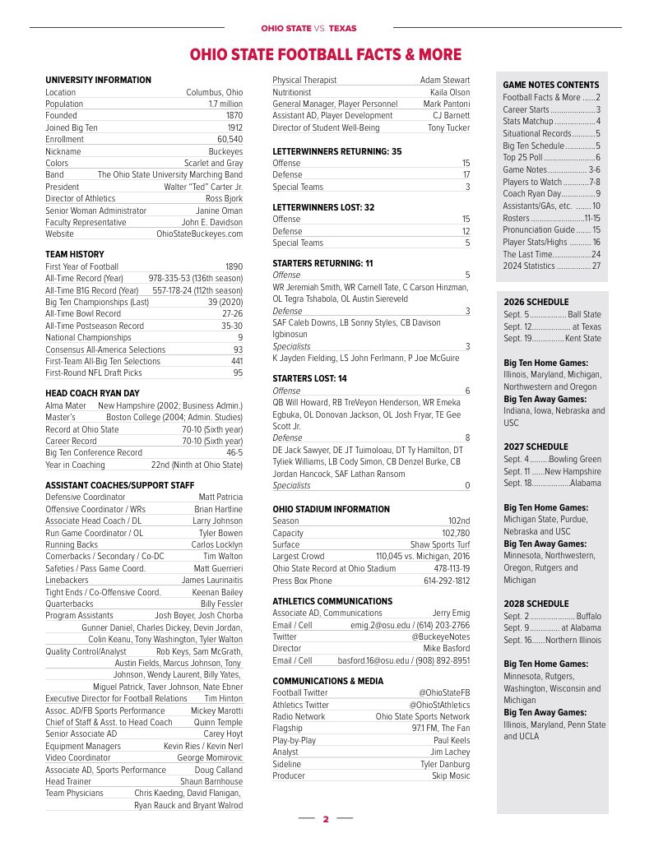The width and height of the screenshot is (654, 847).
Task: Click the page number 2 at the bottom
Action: pos(326,819)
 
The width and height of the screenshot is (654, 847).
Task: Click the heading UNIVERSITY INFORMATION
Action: pos(98,81)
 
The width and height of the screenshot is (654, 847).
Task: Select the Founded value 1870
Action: pos(234,116)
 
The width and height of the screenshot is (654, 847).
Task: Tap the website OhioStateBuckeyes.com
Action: pos(200,234)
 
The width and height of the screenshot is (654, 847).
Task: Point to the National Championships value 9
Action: pos(239,337)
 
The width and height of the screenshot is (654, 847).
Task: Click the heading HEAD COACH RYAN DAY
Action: pos(92,393)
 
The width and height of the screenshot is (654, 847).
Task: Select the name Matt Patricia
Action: pos(220,497)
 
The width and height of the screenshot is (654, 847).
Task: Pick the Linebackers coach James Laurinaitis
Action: pos(211,580)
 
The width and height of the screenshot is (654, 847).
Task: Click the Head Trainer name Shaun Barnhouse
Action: pos(211,781)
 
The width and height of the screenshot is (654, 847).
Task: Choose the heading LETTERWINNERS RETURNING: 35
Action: pos(336,151)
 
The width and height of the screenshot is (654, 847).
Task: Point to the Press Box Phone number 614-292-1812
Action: pos(447,581)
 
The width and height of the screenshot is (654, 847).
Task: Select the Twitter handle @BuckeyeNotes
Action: pos(441,636)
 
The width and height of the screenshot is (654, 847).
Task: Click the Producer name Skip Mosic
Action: pos(451,775)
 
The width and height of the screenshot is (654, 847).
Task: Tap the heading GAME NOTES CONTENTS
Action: pos(550,85)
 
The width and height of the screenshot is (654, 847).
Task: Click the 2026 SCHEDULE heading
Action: pos(536,302)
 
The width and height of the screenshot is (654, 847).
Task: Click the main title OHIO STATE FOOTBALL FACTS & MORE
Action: pos(326,55)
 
